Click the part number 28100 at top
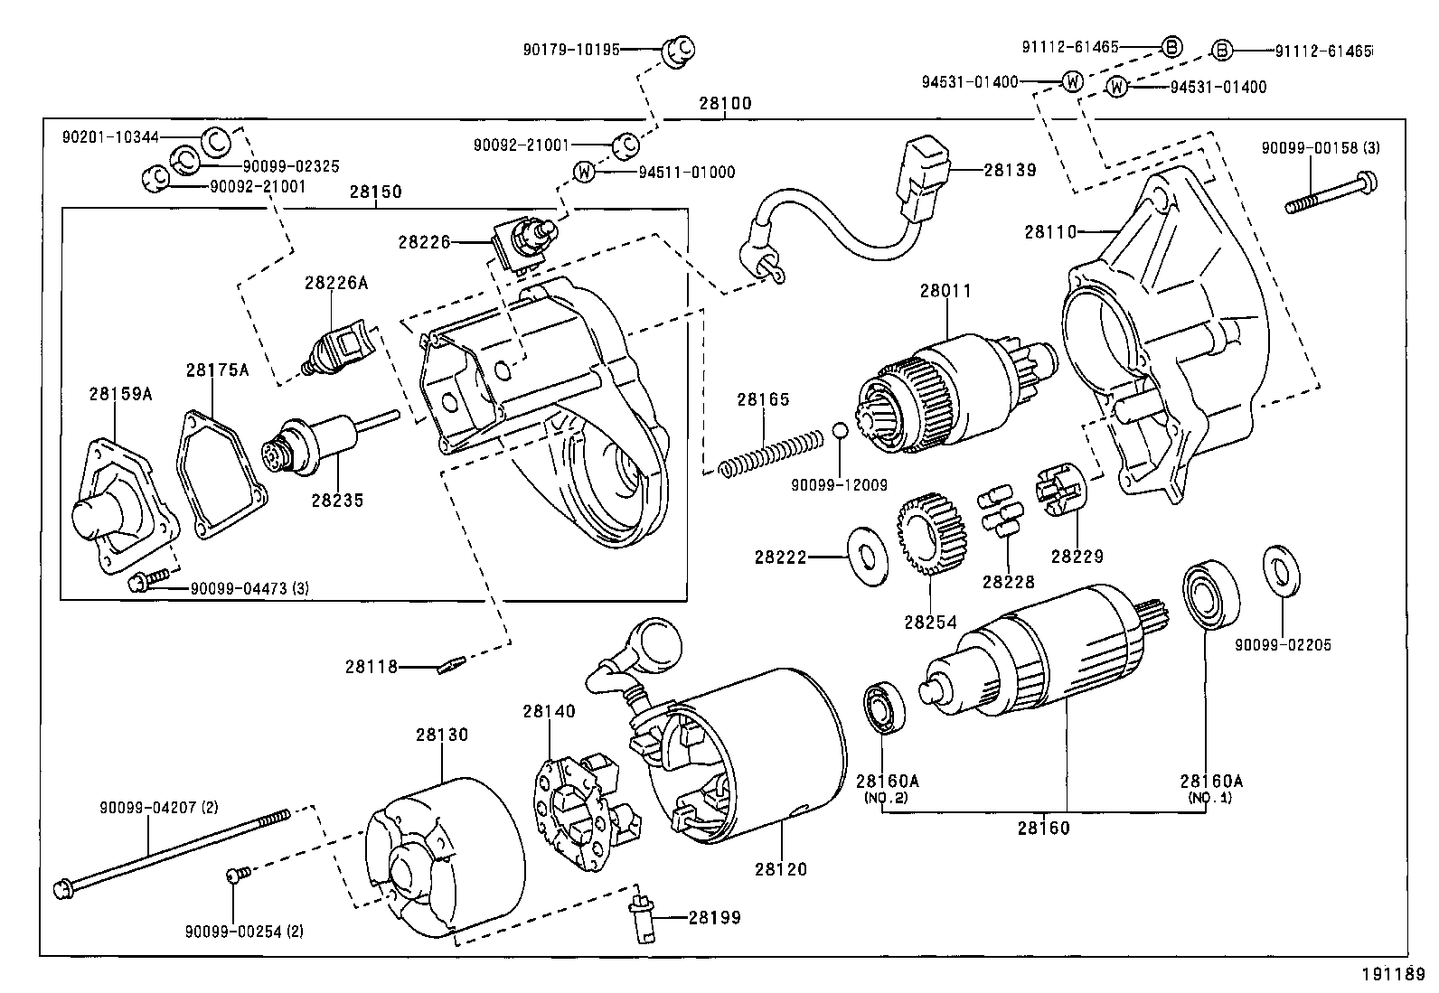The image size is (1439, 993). (x=724, y=104)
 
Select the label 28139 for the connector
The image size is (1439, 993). (x=1010, y=170)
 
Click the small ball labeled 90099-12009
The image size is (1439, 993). (x=840, y=430)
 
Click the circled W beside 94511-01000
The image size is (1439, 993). (x=585, y=172)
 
